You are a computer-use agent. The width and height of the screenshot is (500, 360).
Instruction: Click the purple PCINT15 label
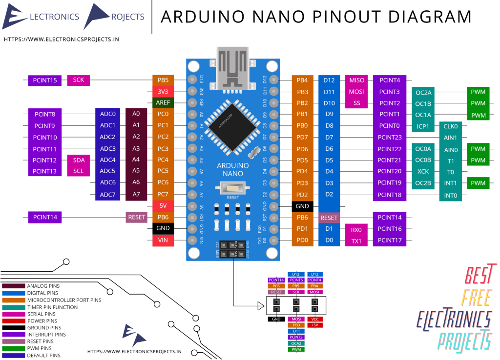point(45,80)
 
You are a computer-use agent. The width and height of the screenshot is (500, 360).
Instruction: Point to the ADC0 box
point(107,114)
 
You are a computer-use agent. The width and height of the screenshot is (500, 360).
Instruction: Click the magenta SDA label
point(78,160)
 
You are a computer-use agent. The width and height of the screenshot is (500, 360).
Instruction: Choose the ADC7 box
point(107,195)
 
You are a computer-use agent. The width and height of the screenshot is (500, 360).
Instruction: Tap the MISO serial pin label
point(356,80)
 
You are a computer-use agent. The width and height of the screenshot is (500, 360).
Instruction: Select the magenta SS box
point(356,103)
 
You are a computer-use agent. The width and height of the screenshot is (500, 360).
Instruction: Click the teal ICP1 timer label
point(423,127)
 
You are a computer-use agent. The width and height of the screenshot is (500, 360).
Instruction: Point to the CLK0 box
point(450,126)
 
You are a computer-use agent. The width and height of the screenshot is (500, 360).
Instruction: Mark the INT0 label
point(450,196)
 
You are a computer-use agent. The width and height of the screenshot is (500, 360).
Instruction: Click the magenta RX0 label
point(356,229)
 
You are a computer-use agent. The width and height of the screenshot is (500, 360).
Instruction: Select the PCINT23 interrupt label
point(389,138)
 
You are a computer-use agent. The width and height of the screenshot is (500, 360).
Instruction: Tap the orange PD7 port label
point(302,138)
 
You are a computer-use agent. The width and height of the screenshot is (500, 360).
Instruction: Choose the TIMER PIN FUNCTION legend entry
point(52,307)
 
